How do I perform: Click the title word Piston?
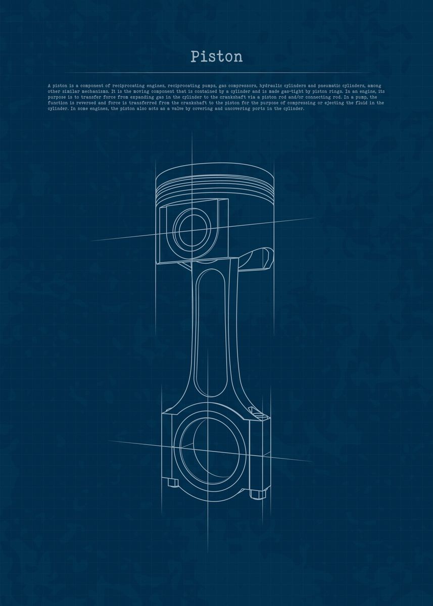tap(217, 57)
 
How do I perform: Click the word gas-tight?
tap(277, 91)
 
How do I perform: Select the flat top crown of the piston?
tap(215, 173)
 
